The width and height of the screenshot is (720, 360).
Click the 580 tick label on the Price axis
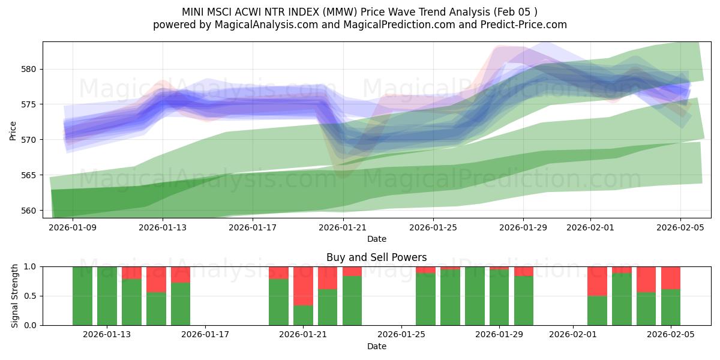point(29,69)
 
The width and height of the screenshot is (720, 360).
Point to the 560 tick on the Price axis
point(29,211)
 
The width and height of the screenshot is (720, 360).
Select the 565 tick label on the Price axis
point(29,175)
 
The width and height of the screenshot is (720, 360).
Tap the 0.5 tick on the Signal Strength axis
point(31,296)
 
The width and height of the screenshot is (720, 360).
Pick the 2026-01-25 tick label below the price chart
point(433,227)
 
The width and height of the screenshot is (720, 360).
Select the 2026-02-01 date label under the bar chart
point(572,335)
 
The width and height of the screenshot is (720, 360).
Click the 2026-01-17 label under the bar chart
point(205,335)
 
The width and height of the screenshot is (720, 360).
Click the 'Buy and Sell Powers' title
point(376,257)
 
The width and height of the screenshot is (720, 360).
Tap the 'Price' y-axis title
point(13,130)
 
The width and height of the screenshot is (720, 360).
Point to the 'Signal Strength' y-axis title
point(14,296)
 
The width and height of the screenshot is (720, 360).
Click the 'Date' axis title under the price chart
point(376,239)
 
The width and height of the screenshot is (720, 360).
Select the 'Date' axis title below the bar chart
point(376,346)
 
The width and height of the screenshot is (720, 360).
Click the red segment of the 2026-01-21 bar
point(303,286)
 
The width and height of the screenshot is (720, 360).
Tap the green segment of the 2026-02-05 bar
point(671,307)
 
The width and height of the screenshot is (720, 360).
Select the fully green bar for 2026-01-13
point(107,296)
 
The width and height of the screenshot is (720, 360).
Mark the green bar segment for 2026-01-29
point(499,298)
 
